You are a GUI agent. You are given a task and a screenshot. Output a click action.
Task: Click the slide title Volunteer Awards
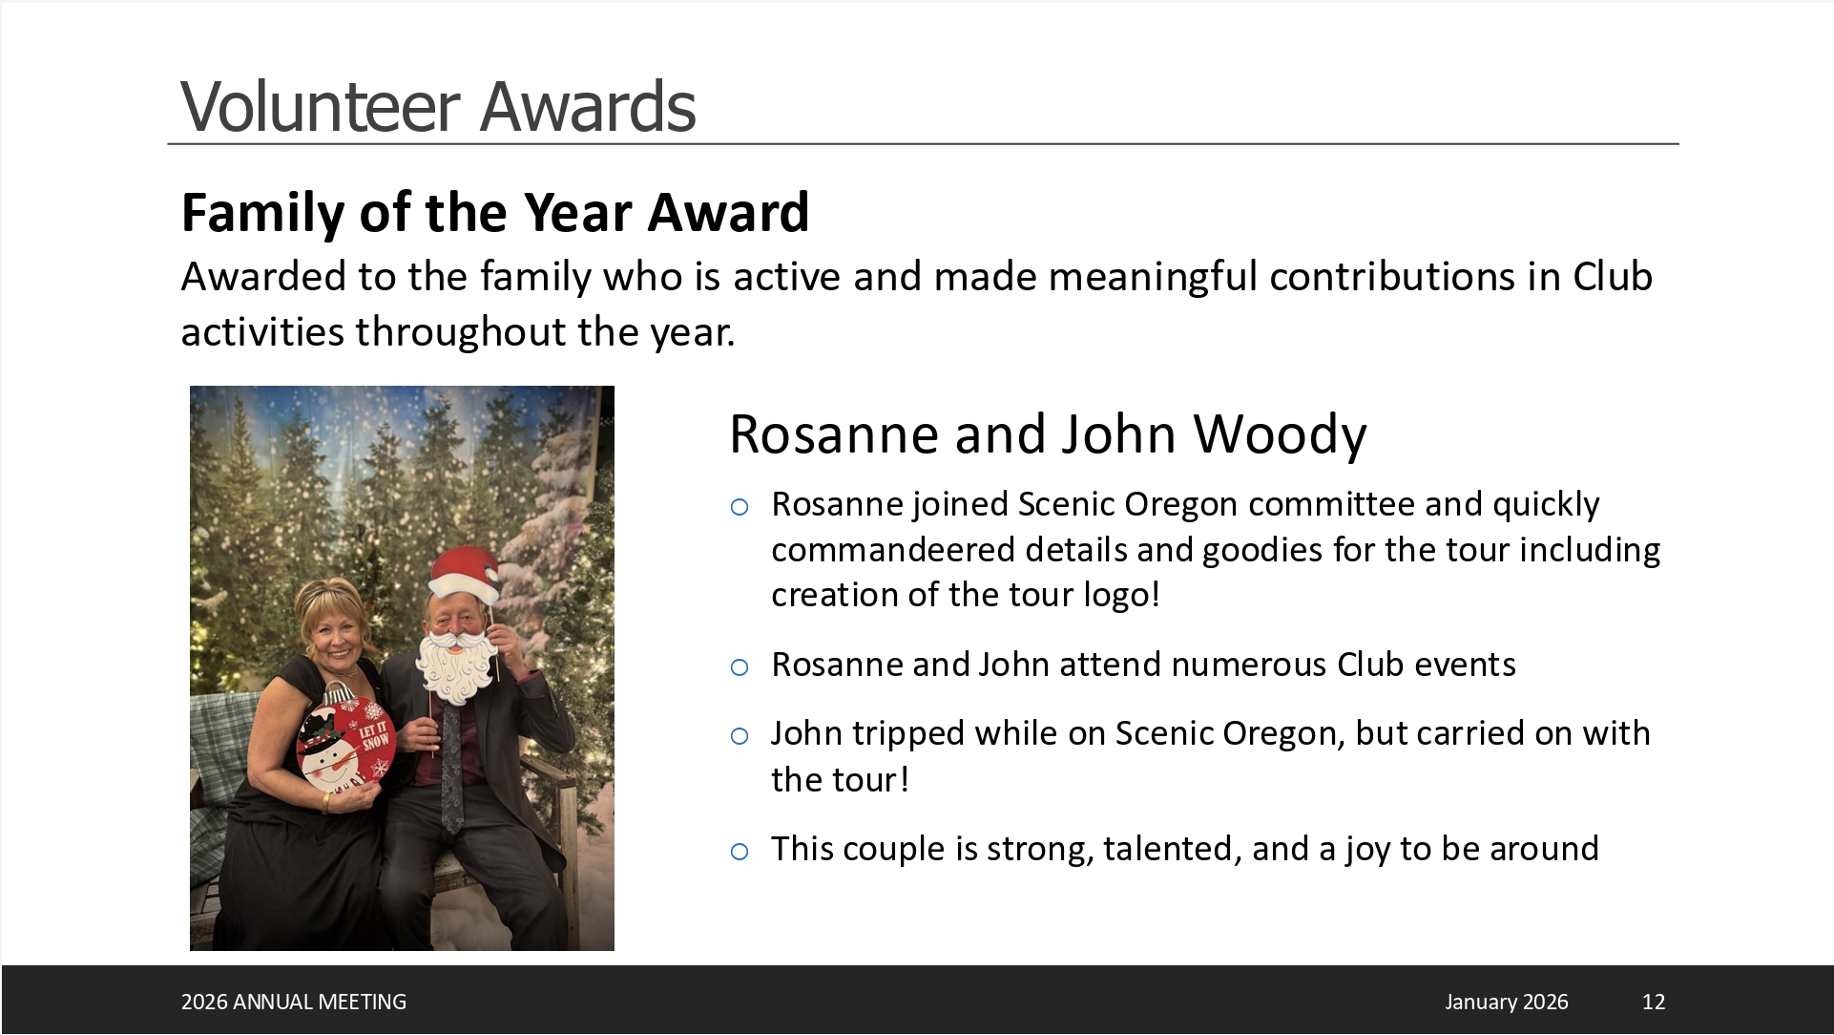pos(438,106)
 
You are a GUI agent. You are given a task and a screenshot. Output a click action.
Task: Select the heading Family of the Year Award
pos(495,212)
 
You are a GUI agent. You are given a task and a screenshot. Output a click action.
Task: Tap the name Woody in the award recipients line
pos(1281,435)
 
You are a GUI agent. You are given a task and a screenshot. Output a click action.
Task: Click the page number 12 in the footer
pos(1654,1002)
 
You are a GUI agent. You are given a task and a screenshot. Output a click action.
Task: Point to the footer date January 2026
pos(1507,1002)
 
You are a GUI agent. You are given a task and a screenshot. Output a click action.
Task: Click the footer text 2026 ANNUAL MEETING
pos(294,1002)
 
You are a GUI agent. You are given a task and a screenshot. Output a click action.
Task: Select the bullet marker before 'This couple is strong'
pos(740,851)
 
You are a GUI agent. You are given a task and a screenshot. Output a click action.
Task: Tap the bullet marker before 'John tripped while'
pos(740,735)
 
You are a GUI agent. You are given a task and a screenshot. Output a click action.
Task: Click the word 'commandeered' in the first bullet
pos(886,550)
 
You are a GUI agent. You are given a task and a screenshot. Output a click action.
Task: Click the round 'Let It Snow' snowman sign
pos(344,740)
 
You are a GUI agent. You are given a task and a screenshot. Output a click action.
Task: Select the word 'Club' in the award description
pos(1613,277)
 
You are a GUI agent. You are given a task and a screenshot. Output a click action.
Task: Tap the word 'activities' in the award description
pos(262,332)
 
